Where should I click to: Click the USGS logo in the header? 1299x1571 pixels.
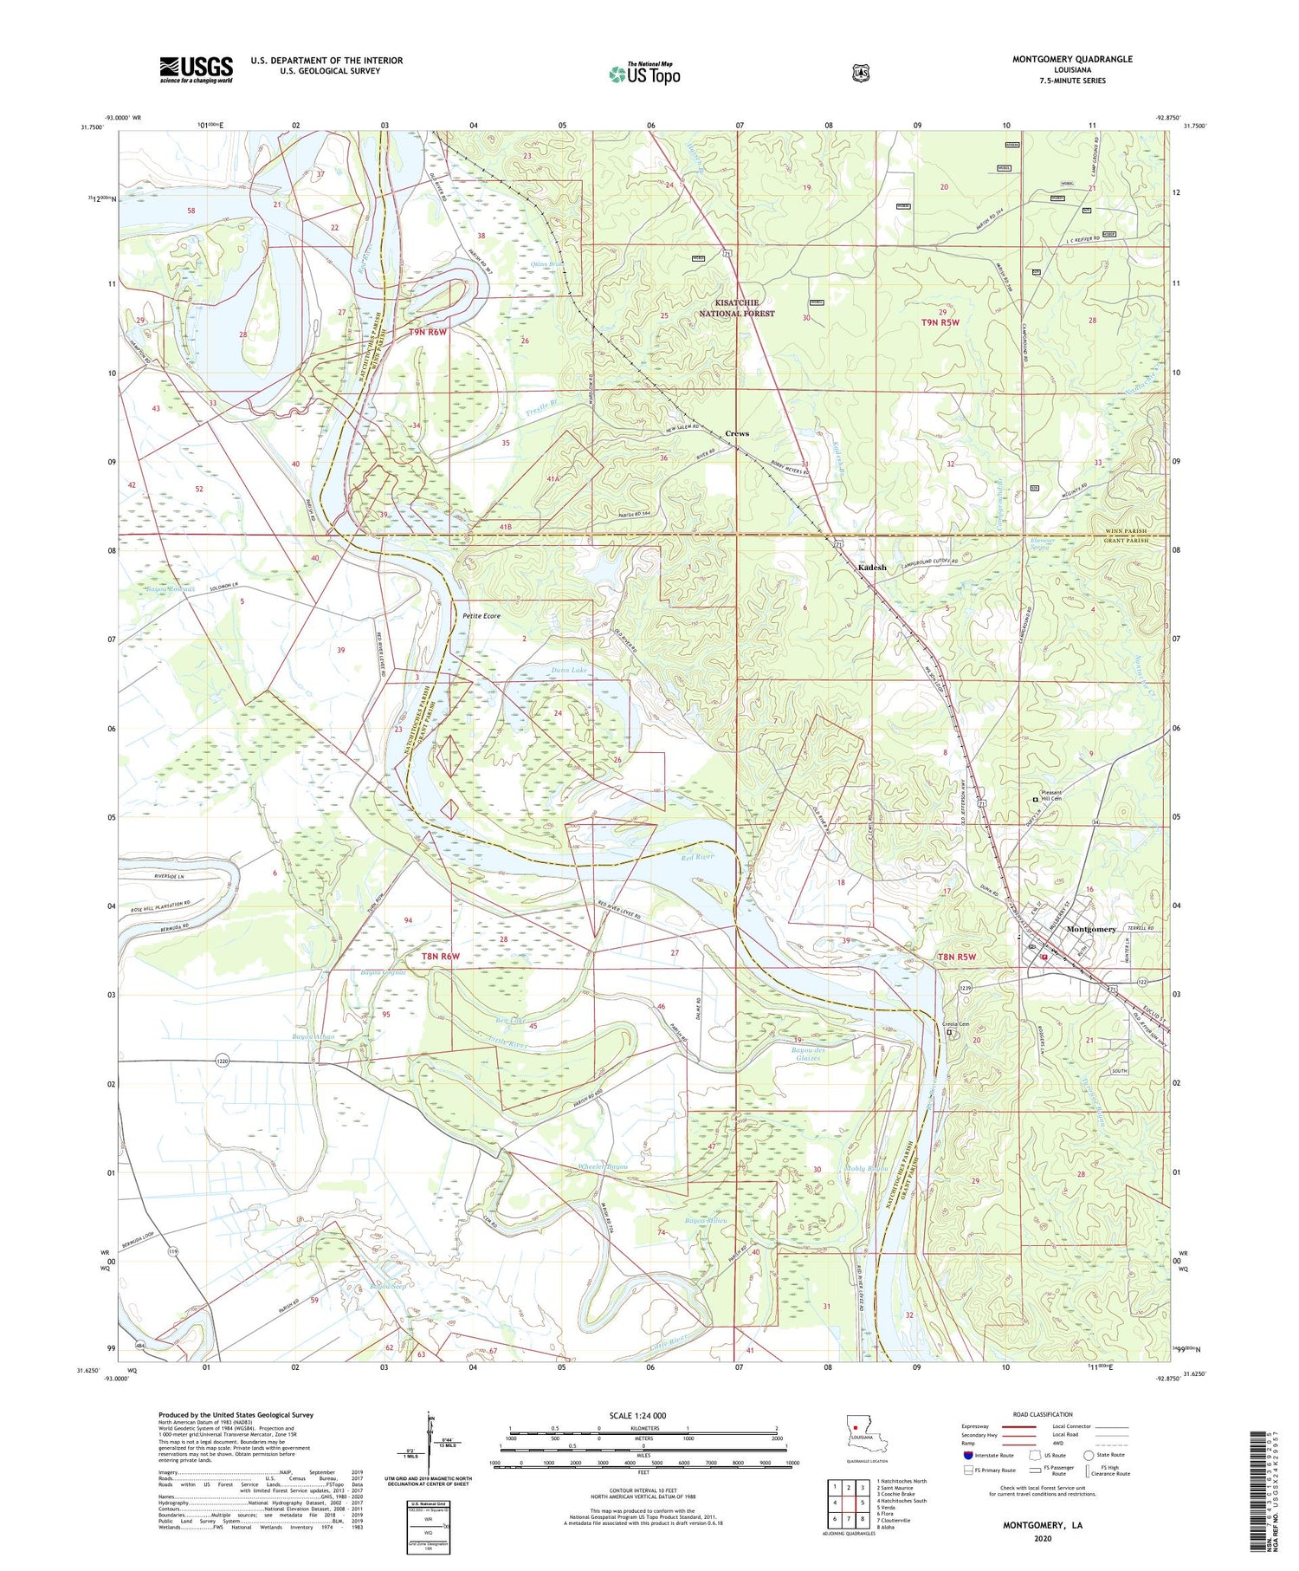pos(196,69)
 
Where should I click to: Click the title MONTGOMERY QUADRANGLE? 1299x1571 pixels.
pos(1072,59)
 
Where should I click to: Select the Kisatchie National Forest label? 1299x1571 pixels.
pos(737,308)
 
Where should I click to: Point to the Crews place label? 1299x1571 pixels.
pos(737,433)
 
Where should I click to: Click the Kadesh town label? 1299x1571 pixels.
pos(872,568)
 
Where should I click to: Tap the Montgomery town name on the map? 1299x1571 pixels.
pos(1091,929)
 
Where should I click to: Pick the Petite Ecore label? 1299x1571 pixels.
pos(481,616)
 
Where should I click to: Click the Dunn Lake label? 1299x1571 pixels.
pos(569,671)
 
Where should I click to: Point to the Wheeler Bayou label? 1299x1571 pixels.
pos(602,1167)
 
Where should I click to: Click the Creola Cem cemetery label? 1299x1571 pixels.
pos(958,1025)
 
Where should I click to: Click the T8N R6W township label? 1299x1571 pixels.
pos(440,956)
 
